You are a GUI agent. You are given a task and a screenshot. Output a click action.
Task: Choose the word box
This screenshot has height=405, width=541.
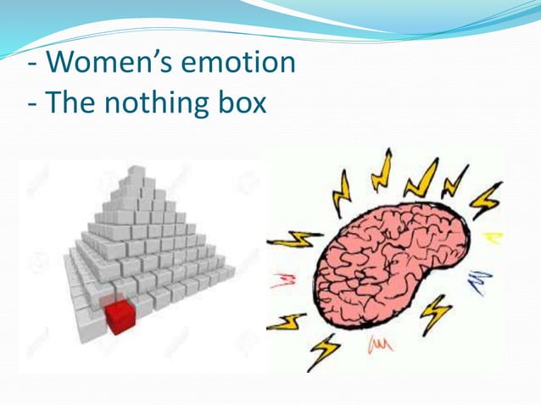point(244,103)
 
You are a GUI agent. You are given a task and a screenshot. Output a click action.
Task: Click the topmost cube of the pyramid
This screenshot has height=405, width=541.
point(136,175)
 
